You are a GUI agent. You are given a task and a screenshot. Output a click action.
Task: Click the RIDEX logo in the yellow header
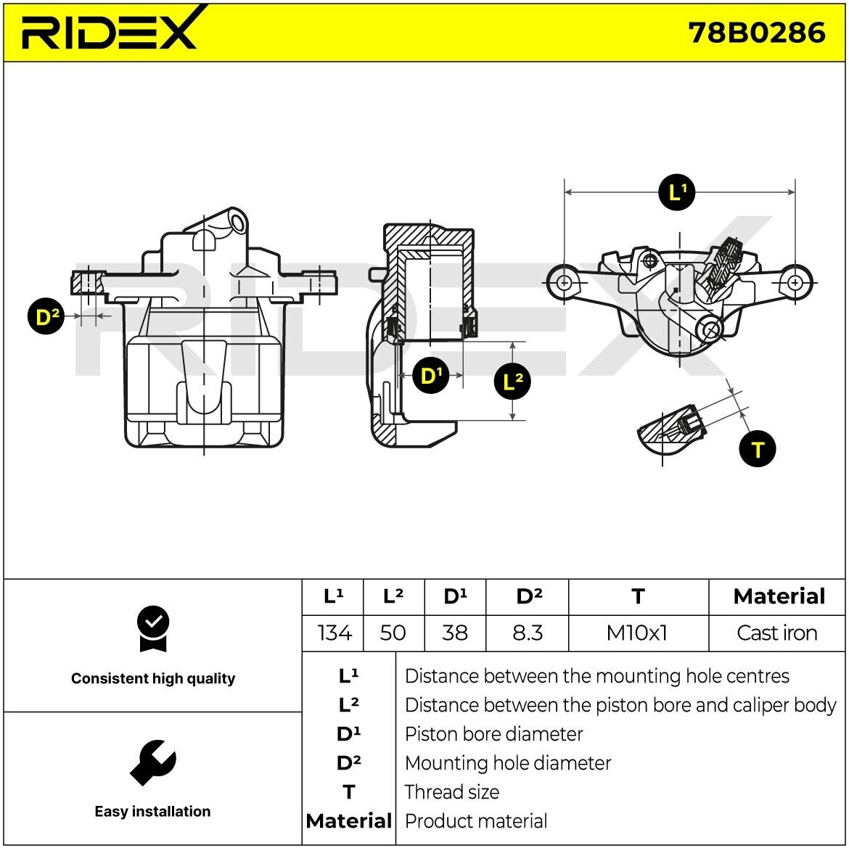click(x=109, y=30)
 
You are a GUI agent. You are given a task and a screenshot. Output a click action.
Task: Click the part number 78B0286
click(x=756, y=33)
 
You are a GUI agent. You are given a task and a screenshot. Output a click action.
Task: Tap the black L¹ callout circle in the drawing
click(x=676, y=192)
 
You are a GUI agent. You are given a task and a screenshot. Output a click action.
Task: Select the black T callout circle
click(x=757, y=449)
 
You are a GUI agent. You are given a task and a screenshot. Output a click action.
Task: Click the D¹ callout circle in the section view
click(x=431, y=375)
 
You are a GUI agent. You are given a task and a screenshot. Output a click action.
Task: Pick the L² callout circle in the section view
click(x=512, y=381)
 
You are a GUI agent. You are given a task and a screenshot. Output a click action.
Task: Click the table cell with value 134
click(x=334, y=633)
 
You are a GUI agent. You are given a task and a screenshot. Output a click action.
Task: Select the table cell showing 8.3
click(x=528, y=633)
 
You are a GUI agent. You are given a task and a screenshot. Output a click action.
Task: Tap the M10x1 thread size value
click(x=637, y=633)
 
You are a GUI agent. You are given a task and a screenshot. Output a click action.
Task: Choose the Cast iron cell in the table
click(x=776, y=633)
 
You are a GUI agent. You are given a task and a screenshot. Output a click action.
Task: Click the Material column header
click(x=779, y=596)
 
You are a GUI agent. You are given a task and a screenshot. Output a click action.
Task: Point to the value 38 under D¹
click(x=455, y=633)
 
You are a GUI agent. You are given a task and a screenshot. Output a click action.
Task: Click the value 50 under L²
click(x=393, y=633)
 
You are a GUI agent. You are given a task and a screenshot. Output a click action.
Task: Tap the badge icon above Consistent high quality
click(x=152, y=628)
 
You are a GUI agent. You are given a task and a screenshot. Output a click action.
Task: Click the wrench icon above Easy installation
click(x=152, y=762)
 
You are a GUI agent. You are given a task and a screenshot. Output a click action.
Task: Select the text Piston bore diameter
click(x=493, y=734)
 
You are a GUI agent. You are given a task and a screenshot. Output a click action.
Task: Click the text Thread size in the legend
click(x=451, y=792)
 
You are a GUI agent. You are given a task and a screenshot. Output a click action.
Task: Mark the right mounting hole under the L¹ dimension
click(x=795, y=282)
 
